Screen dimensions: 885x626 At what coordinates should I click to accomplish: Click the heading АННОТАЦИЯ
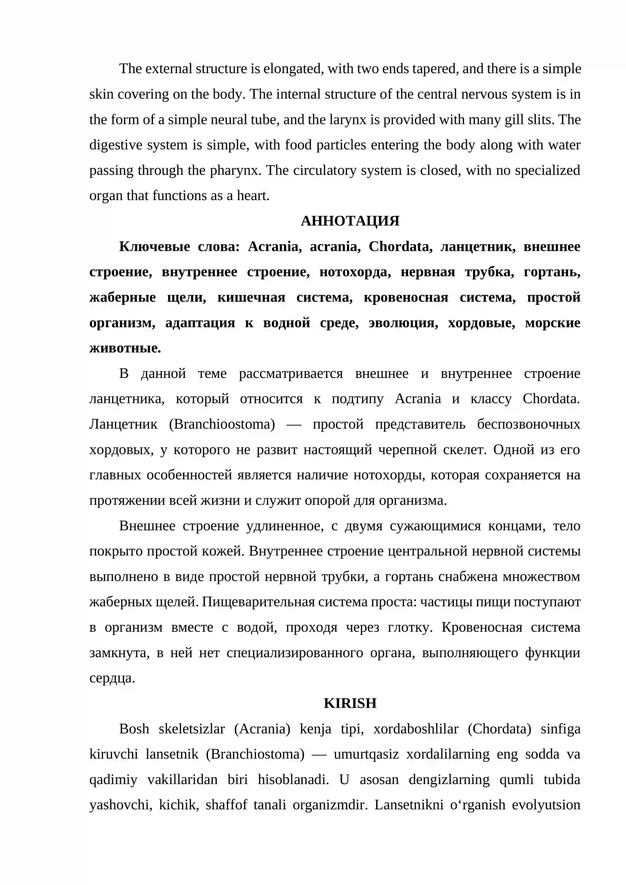(x=350, y=221)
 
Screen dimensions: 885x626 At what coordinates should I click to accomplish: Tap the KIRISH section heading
(x=350, y=703)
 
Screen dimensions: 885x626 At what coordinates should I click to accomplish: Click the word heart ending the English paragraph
(x=253, y=196)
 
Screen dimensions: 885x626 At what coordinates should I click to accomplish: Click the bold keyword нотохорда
(x=355, y=272)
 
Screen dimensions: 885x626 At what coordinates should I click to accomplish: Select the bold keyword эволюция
(x=403, y=323)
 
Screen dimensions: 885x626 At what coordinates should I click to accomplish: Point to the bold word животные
(x=125, y=348)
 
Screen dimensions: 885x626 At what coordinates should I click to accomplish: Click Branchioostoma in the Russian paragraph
(x=222, y=424)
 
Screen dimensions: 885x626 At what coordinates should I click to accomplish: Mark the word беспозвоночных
(x=528, y=424)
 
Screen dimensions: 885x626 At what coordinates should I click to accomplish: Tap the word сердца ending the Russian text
(x=112, y=678)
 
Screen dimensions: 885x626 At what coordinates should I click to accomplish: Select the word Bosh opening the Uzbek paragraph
(x=134, y=729)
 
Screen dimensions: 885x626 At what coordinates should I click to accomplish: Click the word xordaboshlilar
(x=416, y=729)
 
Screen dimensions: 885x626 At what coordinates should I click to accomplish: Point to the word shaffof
(x=226, y=805)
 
